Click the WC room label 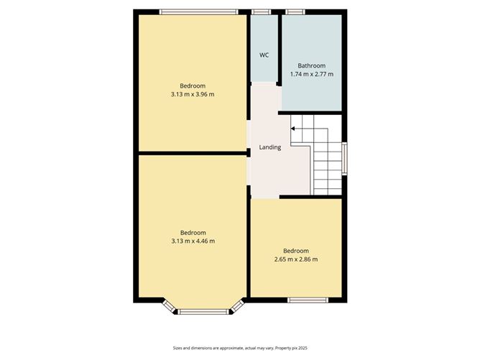(264, 55)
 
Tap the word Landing (270, 147)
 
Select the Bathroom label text (312, 65)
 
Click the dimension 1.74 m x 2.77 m (312, 74)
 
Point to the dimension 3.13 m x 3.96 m (193, 94)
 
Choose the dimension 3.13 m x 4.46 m (193, 241)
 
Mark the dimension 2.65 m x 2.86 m (296, 259)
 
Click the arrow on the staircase (294, 129)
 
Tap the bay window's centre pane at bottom (204, 311)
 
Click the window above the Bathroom (295, 11)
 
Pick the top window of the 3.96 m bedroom (198, 11)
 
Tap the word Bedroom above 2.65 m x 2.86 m (296, 250)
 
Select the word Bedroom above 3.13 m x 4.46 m (193, 232)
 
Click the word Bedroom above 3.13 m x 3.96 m (193, 86)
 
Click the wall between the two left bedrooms (193, 153)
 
